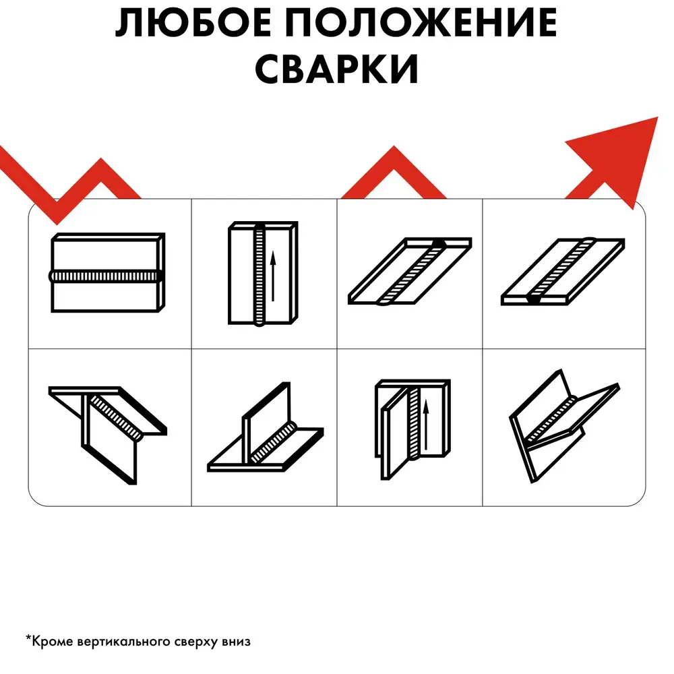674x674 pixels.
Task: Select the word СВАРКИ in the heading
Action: [x=336, y=68]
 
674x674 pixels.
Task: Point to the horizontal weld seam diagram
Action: [x=107, y=272]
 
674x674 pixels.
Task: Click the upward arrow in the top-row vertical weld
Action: [x=272, y=276]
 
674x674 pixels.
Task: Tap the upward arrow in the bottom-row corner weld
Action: [x=425, y=424]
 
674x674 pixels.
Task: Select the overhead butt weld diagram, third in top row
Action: [x=410, y=271]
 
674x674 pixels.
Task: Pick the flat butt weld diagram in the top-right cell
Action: [x=563, y=271]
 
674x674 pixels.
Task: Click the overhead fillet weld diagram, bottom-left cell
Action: [x=107, y=435]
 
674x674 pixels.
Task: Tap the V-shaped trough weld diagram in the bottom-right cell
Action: [x=564, y=425]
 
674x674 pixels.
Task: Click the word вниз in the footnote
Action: [x=236, y=642]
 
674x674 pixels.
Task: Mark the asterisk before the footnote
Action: [x=29, y=638]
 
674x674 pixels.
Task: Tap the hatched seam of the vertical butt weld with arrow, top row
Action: [x=259, y=275]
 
